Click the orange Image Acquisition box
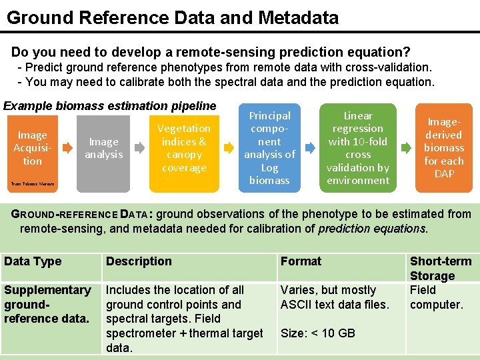[x=32, y=148]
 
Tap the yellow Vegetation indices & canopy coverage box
[x=183, y=148]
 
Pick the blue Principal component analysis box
[x=269, y=148]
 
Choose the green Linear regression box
[x=358, y=148]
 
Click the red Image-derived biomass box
[x=443, y=148]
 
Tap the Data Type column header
[x=33, y=261]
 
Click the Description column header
[x=139, y=261]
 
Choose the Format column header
[x=301, y=261]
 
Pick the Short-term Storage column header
[x=440, y=268]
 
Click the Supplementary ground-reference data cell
[x=47, y=304]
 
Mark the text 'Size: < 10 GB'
[x=318, y=333]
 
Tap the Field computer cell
[x=436, y=297]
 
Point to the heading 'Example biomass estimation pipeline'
[x=110, y=105]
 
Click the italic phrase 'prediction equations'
[x=372, y=229]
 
